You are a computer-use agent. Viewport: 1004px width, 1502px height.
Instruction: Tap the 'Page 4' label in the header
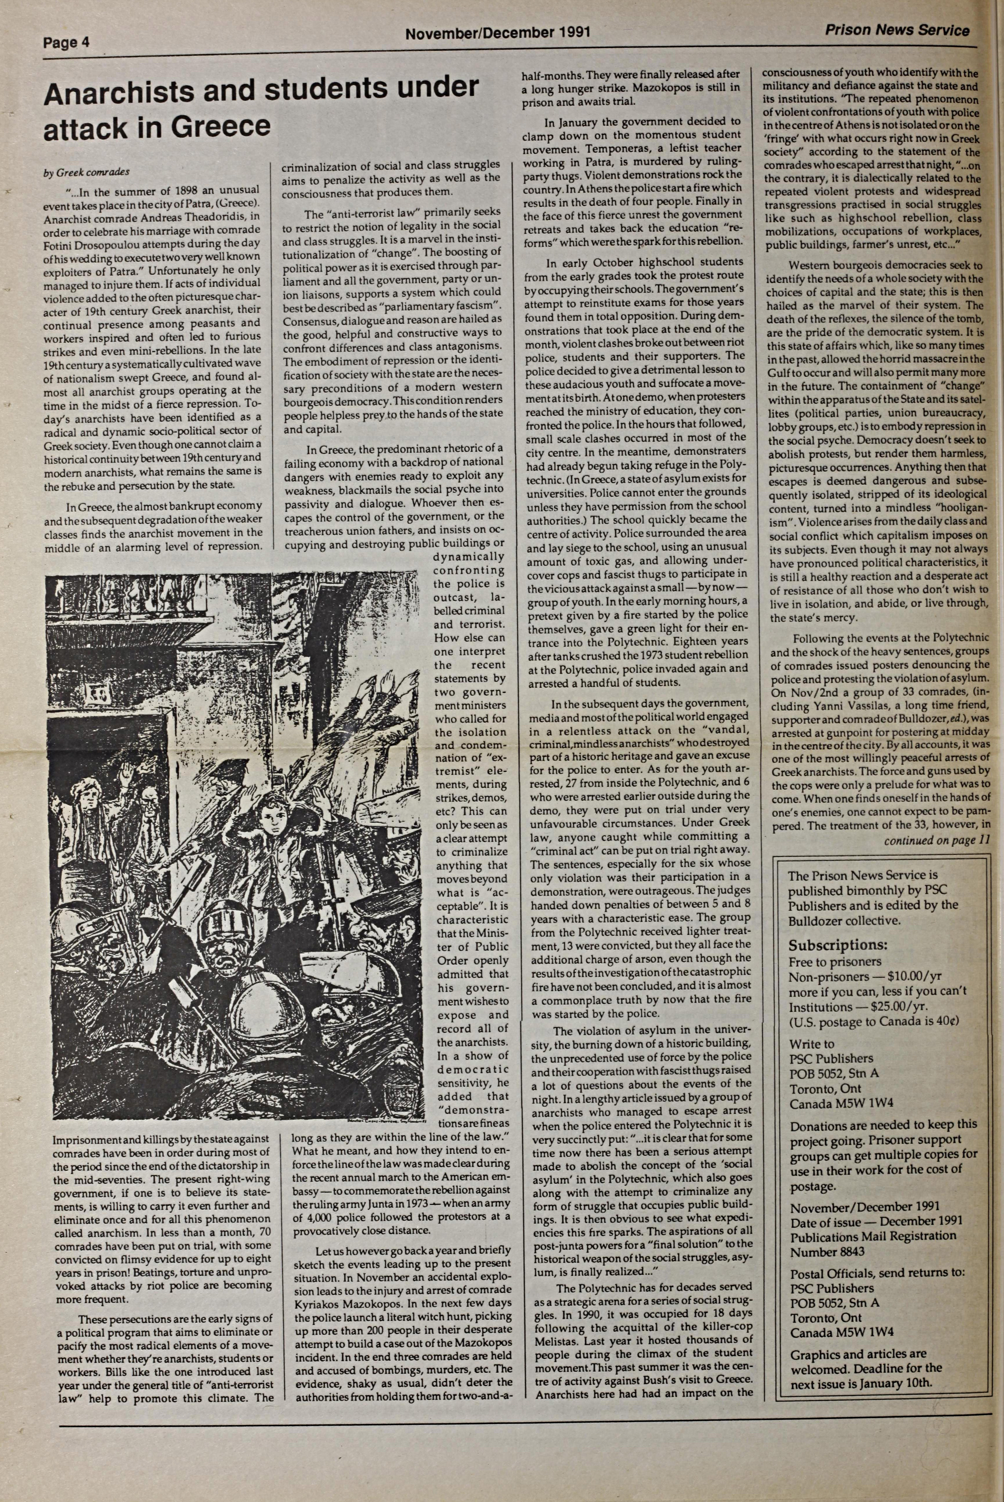(66, 43)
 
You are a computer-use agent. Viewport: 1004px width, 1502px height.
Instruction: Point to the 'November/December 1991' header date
(498, 32)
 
